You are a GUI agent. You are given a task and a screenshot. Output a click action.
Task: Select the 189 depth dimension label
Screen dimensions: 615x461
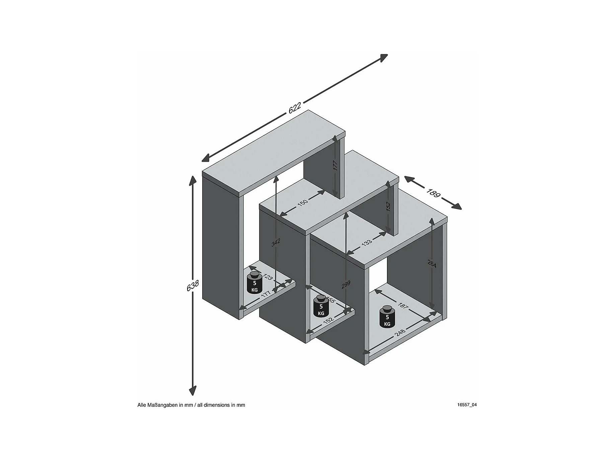(x=433, y=193)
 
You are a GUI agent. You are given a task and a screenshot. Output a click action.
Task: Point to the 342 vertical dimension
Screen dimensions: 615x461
(x=276, y=242)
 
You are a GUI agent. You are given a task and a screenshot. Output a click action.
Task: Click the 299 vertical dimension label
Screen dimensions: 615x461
(x=346, y=285)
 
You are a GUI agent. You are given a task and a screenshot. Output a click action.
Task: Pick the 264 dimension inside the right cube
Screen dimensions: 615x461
(x=432, y=264)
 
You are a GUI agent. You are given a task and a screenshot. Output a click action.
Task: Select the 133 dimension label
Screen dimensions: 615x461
(x=367, y=242)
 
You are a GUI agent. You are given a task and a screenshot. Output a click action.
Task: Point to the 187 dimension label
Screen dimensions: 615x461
(x=403, y=306)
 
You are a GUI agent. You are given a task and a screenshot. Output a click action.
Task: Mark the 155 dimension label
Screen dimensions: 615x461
(x=330, y=300)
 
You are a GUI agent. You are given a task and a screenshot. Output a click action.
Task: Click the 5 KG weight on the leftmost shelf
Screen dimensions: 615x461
(x=254, y=283)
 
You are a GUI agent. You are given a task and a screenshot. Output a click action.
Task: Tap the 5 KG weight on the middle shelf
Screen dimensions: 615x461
(x=321, y=306)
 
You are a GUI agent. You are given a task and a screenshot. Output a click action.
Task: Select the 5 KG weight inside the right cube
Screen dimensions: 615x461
(x=387, y=317)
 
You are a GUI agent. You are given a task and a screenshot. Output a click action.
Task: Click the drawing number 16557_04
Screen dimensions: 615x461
(x=467, y=405)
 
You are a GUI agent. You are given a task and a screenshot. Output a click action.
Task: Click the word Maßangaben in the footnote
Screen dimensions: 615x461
(x=163, y=405)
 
